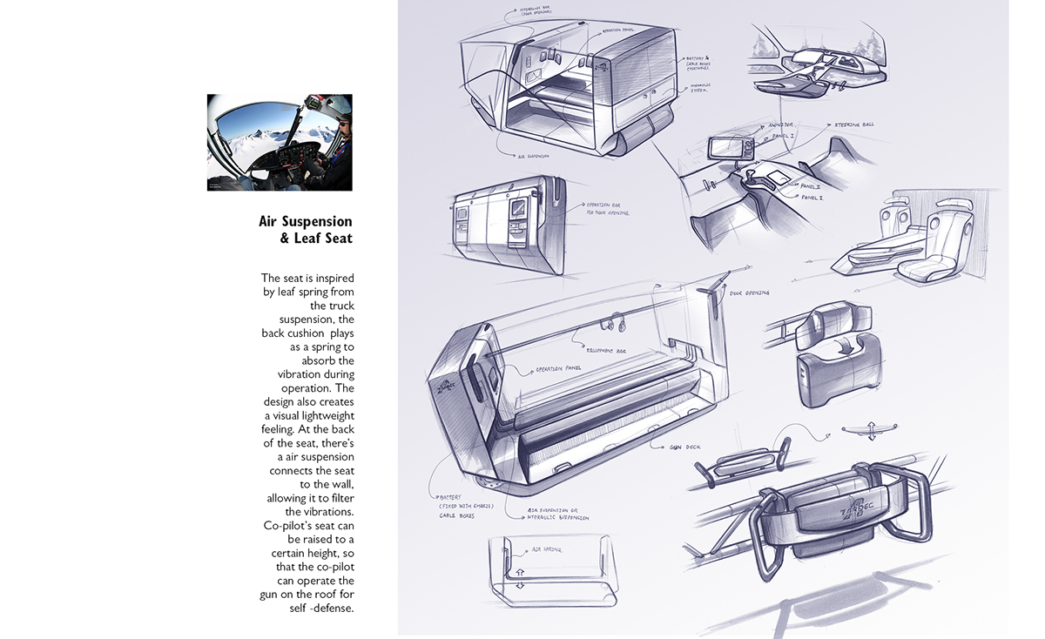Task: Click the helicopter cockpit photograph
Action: click(x=280, y=142)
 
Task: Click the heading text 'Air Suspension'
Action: click(x=306, y=221)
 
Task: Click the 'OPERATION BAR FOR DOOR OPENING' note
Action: click(x=607, y=208)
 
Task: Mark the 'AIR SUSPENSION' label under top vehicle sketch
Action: click(x=533, y=156)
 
